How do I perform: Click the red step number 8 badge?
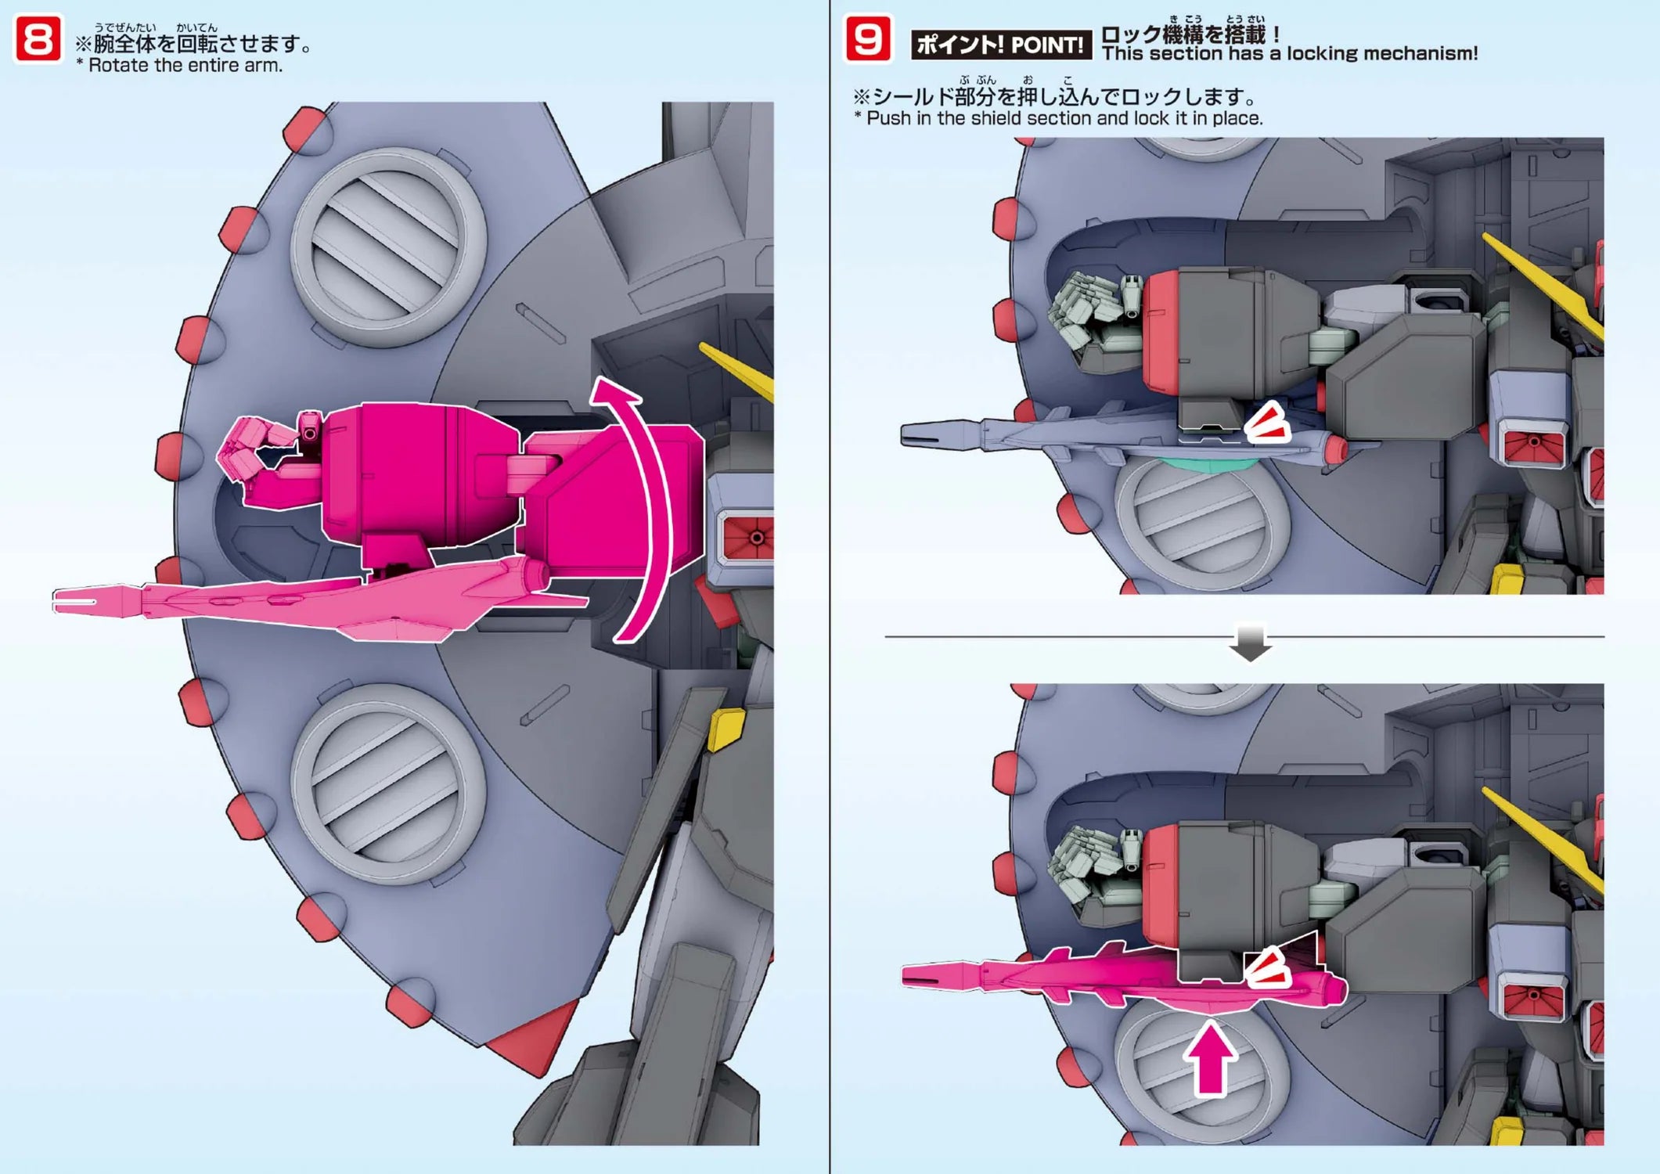click(38, 39)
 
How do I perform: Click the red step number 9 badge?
click(867, 39)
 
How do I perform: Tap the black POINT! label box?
click(1000, 45)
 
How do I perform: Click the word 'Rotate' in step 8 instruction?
click(117, 66)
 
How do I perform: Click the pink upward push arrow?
click(1210, 1061)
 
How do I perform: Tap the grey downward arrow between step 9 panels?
click(1250, 642)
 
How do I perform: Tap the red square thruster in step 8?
click(749, 537)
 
